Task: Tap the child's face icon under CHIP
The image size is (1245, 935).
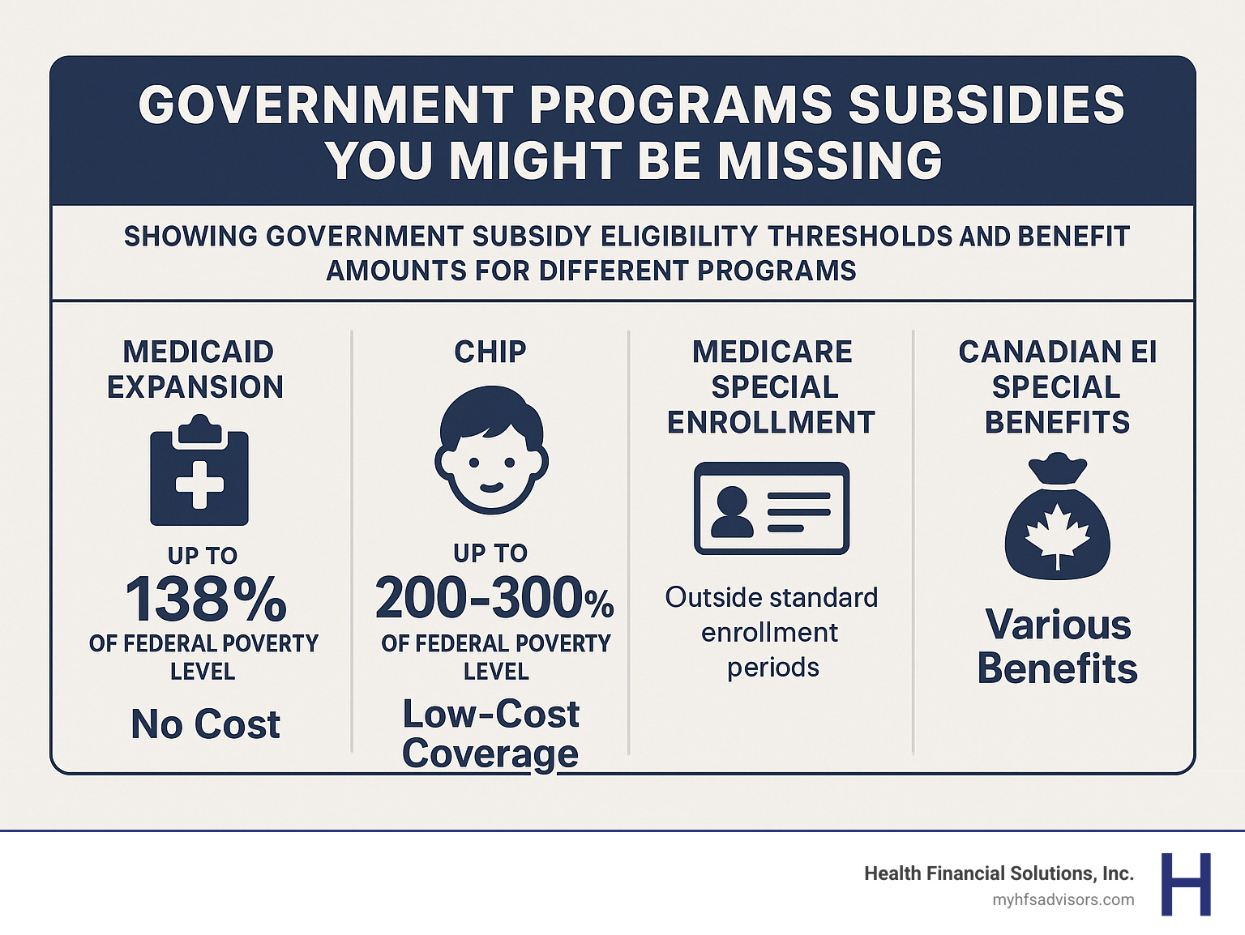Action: tap(491, 451)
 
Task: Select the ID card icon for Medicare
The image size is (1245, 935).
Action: tap(772, 508)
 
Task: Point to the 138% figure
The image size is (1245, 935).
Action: tap(206, 600)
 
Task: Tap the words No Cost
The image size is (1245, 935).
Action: tap(205, 724)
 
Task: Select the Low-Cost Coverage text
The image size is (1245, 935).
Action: tap(490, 733)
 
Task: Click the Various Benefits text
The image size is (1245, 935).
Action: tap(1058, 647)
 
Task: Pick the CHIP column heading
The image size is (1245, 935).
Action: tap(490, 352)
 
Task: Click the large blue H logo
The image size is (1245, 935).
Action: tap(1186, 884)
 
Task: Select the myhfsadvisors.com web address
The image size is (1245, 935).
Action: tap(1063, 900)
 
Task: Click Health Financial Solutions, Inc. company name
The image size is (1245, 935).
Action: tap(999, 873)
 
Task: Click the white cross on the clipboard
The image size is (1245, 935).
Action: tap(199, 484)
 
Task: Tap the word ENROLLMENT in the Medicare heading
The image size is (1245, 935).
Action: tap(772, 422)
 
